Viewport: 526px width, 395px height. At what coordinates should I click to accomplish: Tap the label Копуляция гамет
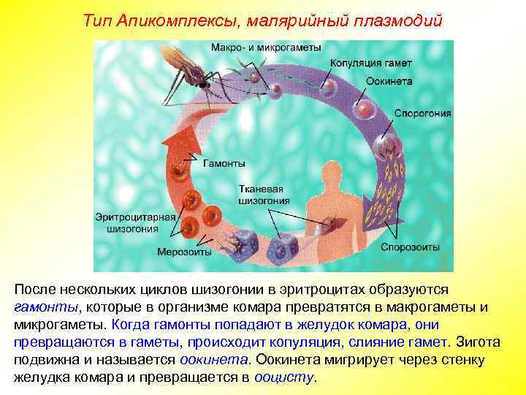[369, 63]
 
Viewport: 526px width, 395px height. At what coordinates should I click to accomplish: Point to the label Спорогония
[422, 114]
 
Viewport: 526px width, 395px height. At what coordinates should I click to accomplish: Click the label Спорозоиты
[410, 247]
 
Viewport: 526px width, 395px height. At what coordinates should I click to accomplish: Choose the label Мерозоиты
[184, 252]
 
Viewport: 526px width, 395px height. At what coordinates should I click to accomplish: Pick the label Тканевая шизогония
[264, 195]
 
